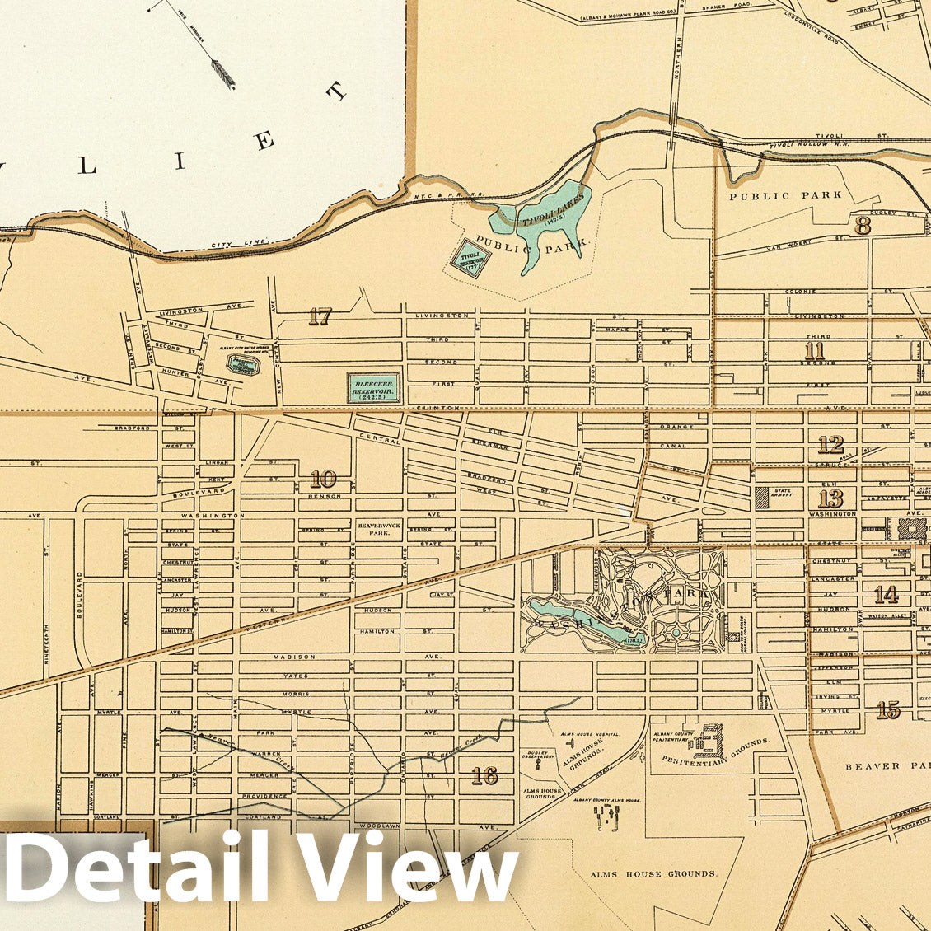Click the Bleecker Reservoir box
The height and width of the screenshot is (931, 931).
[x=373, y=387]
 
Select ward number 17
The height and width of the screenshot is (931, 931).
[x=319, y=316]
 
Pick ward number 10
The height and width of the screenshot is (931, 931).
[x=323, y=479]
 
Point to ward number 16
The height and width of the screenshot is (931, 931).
[x=484, y=775]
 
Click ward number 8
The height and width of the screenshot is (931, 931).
[x=862, y=226]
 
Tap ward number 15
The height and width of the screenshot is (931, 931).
[x=887, y=709]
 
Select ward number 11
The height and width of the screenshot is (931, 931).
[x=814, y=351]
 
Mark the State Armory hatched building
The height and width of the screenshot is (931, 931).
[x=760, y=498]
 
